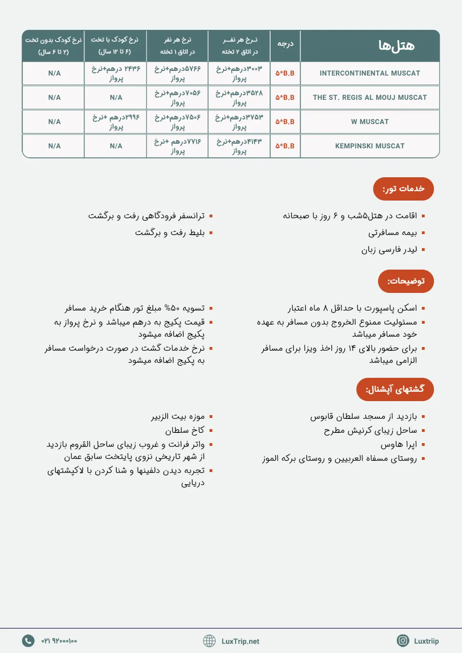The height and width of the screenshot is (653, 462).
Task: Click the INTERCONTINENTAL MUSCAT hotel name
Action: click(370, 73)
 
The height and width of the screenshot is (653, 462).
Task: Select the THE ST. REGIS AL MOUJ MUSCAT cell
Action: click(370, 97)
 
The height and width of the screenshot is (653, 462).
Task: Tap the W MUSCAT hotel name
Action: click(370, 122)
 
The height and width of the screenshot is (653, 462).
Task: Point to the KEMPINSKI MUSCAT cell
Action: click(370, 146)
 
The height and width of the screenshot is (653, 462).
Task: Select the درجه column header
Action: click(285, 44)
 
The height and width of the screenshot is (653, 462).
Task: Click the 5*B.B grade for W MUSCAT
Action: click(285, 122)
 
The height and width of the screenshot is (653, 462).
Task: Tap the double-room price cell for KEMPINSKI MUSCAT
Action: click(239, 146)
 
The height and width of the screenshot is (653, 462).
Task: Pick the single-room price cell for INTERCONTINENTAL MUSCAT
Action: click(177, 73)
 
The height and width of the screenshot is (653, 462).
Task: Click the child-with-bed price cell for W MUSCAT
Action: click(116, 122)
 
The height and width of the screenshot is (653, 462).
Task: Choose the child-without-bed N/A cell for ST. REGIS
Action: click(54, 97)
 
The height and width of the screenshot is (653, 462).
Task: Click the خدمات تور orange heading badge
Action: click(403, 189)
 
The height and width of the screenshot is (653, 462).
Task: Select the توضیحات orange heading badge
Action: click(406, 281)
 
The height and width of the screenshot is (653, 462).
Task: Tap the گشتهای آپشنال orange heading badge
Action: click(395, 389)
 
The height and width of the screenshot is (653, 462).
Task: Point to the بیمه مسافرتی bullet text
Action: click(392, 233)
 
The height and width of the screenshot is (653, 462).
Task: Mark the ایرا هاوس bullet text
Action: click(399, 445)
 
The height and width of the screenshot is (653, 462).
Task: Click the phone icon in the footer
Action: click(28, 641)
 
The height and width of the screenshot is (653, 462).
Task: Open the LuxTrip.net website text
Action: click(240, 641)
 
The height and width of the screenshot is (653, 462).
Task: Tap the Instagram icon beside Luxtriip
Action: click(403, 641)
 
